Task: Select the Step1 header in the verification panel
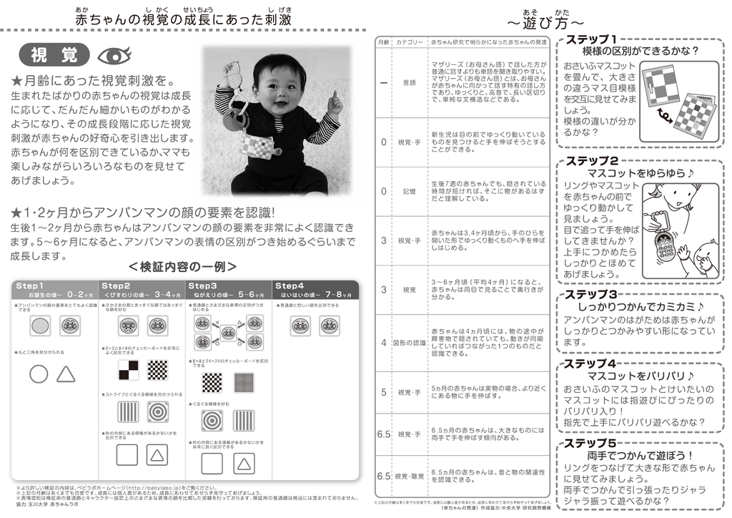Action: click(x=30, y=285)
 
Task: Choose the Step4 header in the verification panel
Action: click(x=290, y=285)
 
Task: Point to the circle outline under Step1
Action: click(x=39, y=373)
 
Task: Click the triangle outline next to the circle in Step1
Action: click(x=66, y=373)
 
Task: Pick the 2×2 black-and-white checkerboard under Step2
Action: click(x=129, y=370)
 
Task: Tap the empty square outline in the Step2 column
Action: click(x=127, y=454)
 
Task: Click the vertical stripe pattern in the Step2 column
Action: click(x=129, y=412)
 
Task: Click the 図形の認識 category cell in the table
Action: click(x=409, y=343)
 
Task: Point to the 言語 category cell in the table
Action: click(x=409, y=82)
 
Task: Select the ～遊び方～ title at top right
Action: click(x=545, y=22)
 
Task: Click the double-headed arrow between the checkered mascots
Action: click(x=664, y=114)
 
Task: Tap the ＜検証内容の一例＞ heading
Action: click(x=183, y=267)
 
